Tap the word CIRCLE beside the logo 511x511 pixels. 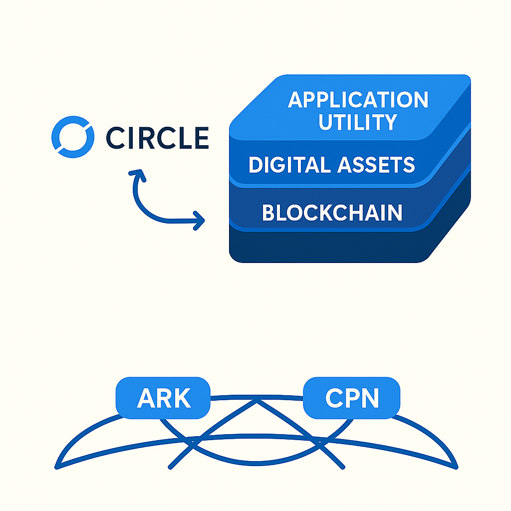click(x=157, y=138)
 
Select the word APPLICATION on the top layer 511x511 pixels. click(x=358, y=100)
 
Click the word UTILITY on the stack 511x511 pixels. click(x=358, y=122)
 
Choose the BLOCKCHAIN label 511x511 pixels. click(x=332, y=213)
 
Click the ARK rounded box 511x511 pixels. click(x=163, y=398)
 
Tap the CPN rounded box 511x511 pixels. click(x=352, y=398)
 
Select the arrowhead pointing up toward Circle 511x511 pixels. click(x=136, y=175)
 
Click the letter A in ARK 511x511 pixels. click(x=146, y=398)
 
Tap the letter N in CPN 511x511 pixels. click(x=370, y=398)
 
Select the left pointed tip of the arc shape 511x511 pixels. click(x=56, y=467)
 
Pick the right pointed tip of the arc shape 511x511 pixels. click(x=456, y=467)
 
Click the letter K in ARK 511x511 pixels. click(x=181, y=398)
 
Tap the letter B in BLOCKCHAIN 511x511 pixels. click(x=269, y=213)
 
